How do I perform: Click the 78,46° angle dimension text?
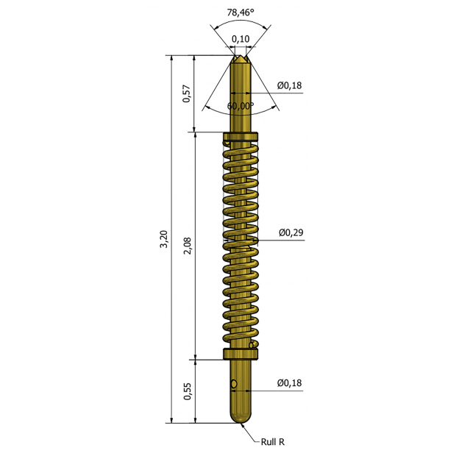tap(240, 13)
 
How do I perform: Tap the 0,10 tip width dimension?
tap(240, 38)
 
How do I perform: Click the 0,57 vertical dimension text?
tap(187, 93)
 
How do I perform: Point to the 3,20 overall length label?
tap(164, 240)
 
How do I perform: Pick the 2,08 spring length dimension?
tap(188, 246)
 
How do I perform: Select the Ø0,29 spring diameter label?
tap(291, 233)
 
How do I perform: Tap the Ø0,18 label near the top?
tap(290, 86)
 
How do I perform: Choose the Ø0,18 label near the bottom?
tap(290, 383)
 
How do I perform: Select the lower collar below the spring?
tap(241, 355)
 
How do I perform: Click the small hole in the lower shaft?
tap(234, 383)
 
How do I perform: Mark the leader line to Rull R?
tap(250, 434)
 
